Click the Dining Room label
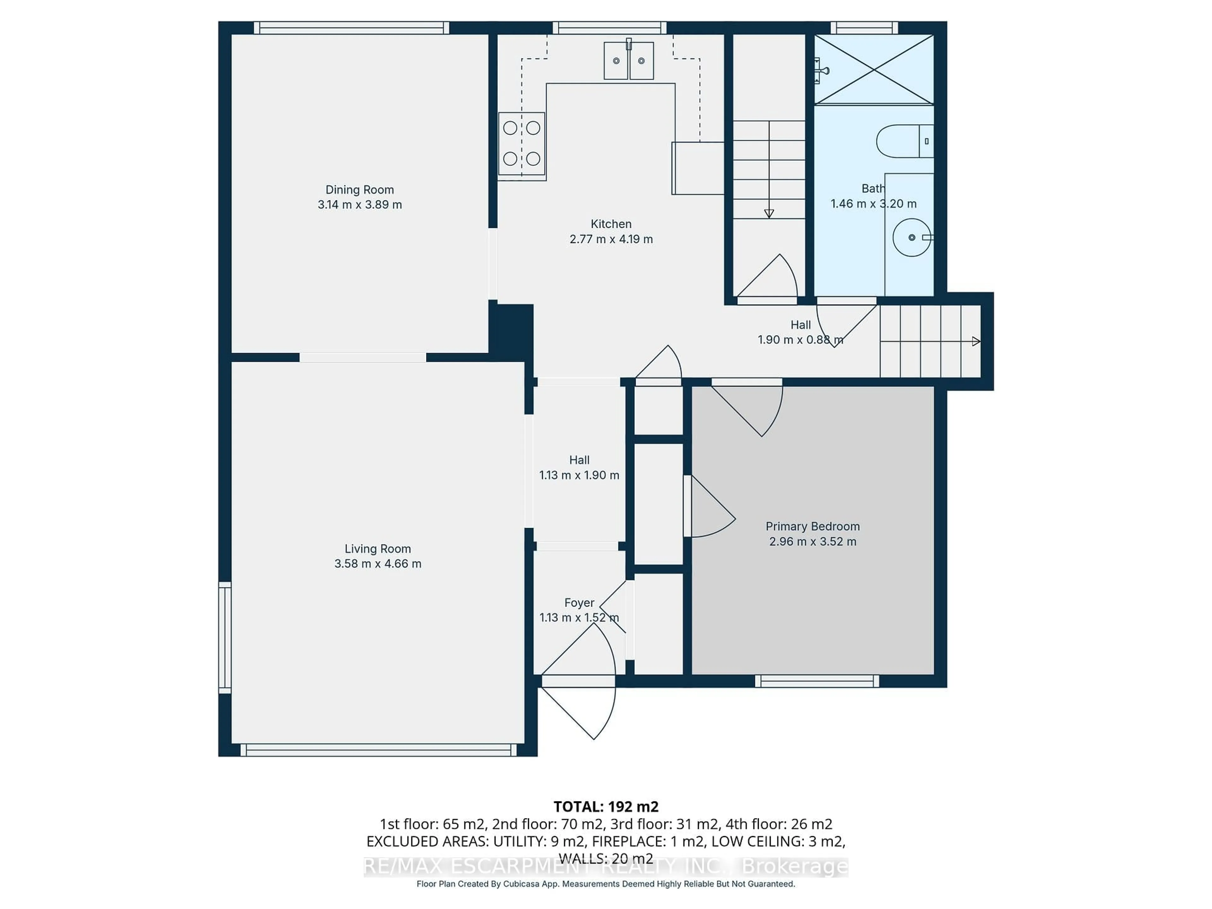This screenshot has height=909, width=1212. (x=359, y=190)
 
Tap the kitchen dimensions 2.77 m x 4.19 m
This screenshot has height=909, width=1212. (x=611, y=239)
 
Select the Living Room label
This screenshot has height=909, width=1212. (x=377, y=549)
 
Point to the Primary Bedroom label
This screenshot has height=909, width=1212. (x=812, y=526)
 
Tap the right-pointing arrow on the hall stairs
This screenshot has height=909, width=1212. (x=975, y=342)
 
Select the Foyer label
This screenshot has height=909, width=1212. (x=579, y=603)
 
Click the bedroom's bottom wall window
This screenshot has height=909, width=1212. (x=817, y=681)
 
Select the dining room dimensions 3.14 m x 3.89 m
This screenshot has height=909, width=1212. (x=359, y=205)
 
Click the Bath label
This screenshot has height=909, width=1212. (x=872, y=188)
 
